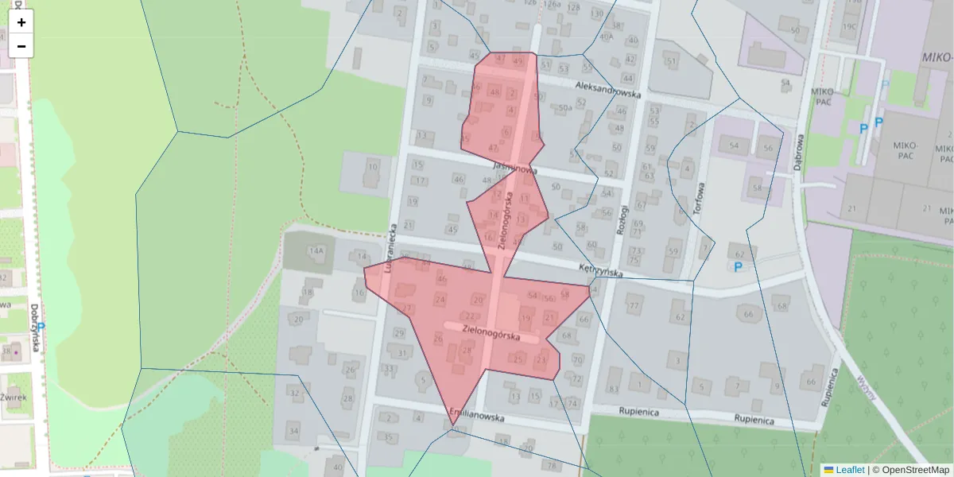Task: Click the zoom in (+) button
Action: tap(21, 22)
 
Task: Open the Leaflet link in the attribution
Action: tap(850, 470)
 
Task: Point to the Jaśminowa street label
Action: tap(515, 168)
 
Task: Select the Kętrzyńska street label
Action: tap(600, 270)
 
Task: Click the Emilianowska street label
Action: tap(476, 414)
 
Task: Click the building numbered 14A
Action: tap(316, 251)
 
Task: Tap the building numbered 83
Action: tap(612, 389)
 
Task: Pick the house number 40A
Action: tap(606, 36)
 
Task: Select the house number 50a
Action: tap(565, 107)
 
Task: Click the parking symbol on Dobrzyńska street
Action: tap(41, 327)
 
